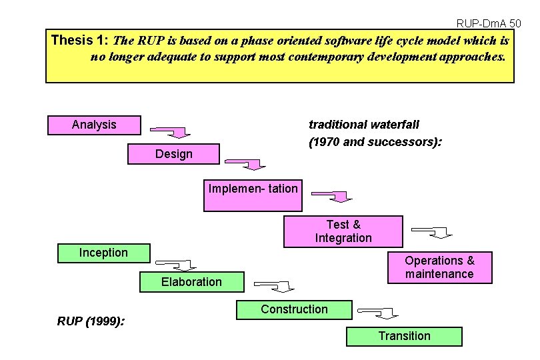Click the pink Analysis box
[x=94, y=125]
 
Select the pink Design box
[x=173, y=154]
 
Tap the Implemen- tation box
[x=253, y=195]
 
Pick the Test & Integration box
[x=343, y=231]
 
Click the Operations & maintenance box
[x=439, y=267]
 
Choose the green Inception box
[x=103, y=253]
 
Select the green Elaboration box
[x=191, y=282]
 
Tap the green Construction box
[x=294, y=309]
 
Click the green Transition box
[x=404, y=336]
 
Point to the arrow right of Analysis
[x=171, y=131]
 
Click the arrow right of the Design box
[x=245, y=163]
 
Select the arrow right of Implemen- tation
[x=332, y=195]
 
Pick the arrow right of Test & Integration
[x=432, y=231]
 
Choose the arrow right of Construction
[x=377, y=311]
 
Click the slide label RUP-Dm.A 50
[x=489, y=23]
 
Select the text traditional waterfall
[x=364, y=125]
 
